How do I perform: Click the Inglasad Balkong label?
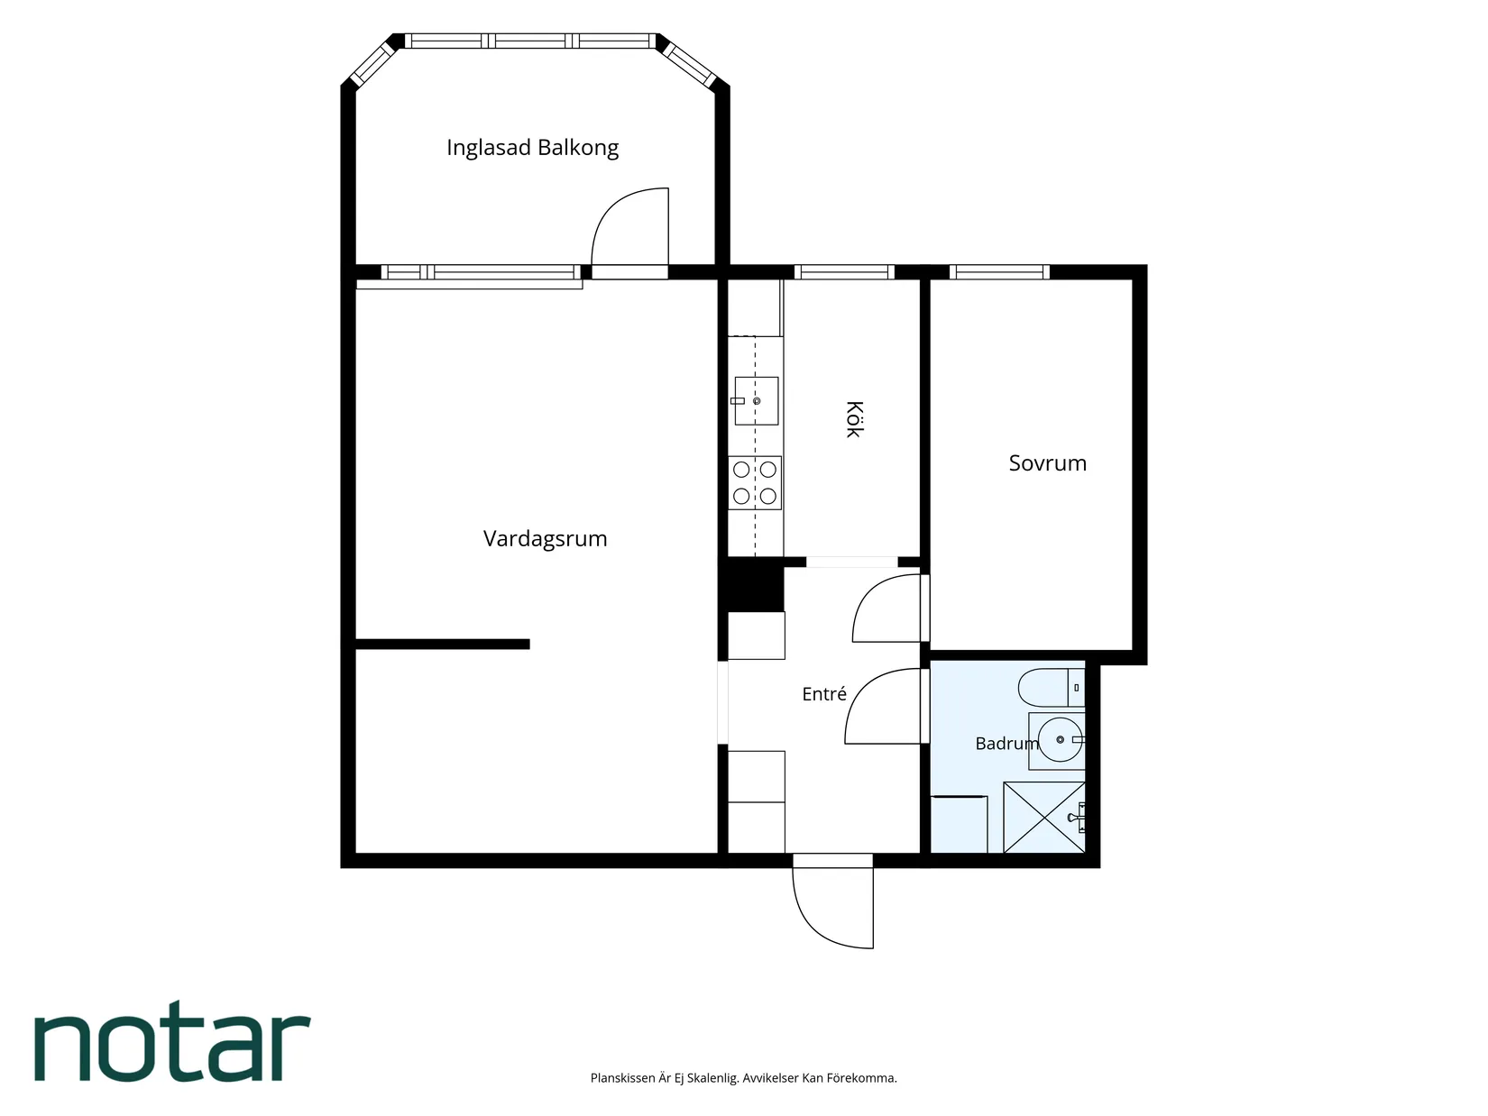[532, 148]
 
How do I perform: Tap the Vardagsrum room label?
[545, 539]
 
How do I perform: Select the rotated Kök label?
[854, 419]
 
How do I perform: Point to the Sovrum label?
[1047, 462]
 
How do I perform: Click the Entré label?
[824, 693]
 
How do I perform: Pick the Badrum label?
[1006, 744]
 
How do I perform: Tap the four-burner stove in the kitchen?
[755, 483]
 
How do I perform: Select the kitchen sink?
[755, 401]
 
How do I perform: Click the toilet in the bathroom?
[1052, 688]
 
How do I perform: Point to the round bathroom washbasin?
[1061, 739]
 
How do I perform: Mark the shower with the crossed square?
[1044, 818]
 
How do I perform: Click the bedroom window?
[999, 272]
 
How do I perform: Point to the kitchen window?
[844, 272]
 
